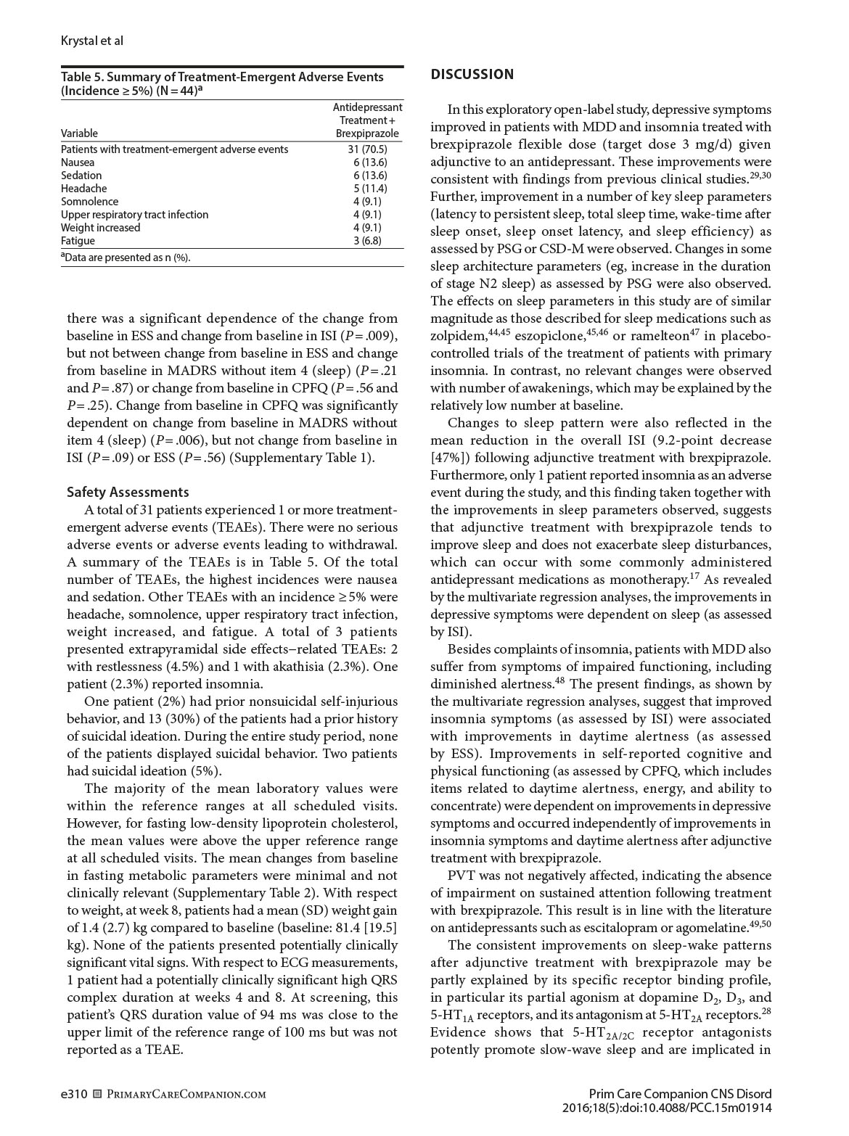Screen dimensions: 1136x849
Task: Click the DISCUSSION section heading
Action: [472, 75]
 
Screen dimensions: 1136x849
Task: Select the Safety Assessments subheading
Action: [128, 493]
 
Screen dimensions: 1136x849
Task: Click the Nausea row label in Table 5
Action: [78, 162]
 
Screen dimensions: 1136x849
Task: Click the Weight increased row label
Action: [101, 228]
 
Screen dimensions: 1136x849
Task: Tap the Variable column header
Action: [79, 133]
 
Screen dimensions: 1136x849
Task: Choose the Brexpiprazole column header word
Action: [369, 133]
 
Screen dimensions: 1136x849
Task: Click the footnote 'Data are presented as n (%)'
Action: [127, 257]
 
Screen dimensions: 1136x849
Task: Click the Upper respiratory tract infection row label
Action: [134, 215]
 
